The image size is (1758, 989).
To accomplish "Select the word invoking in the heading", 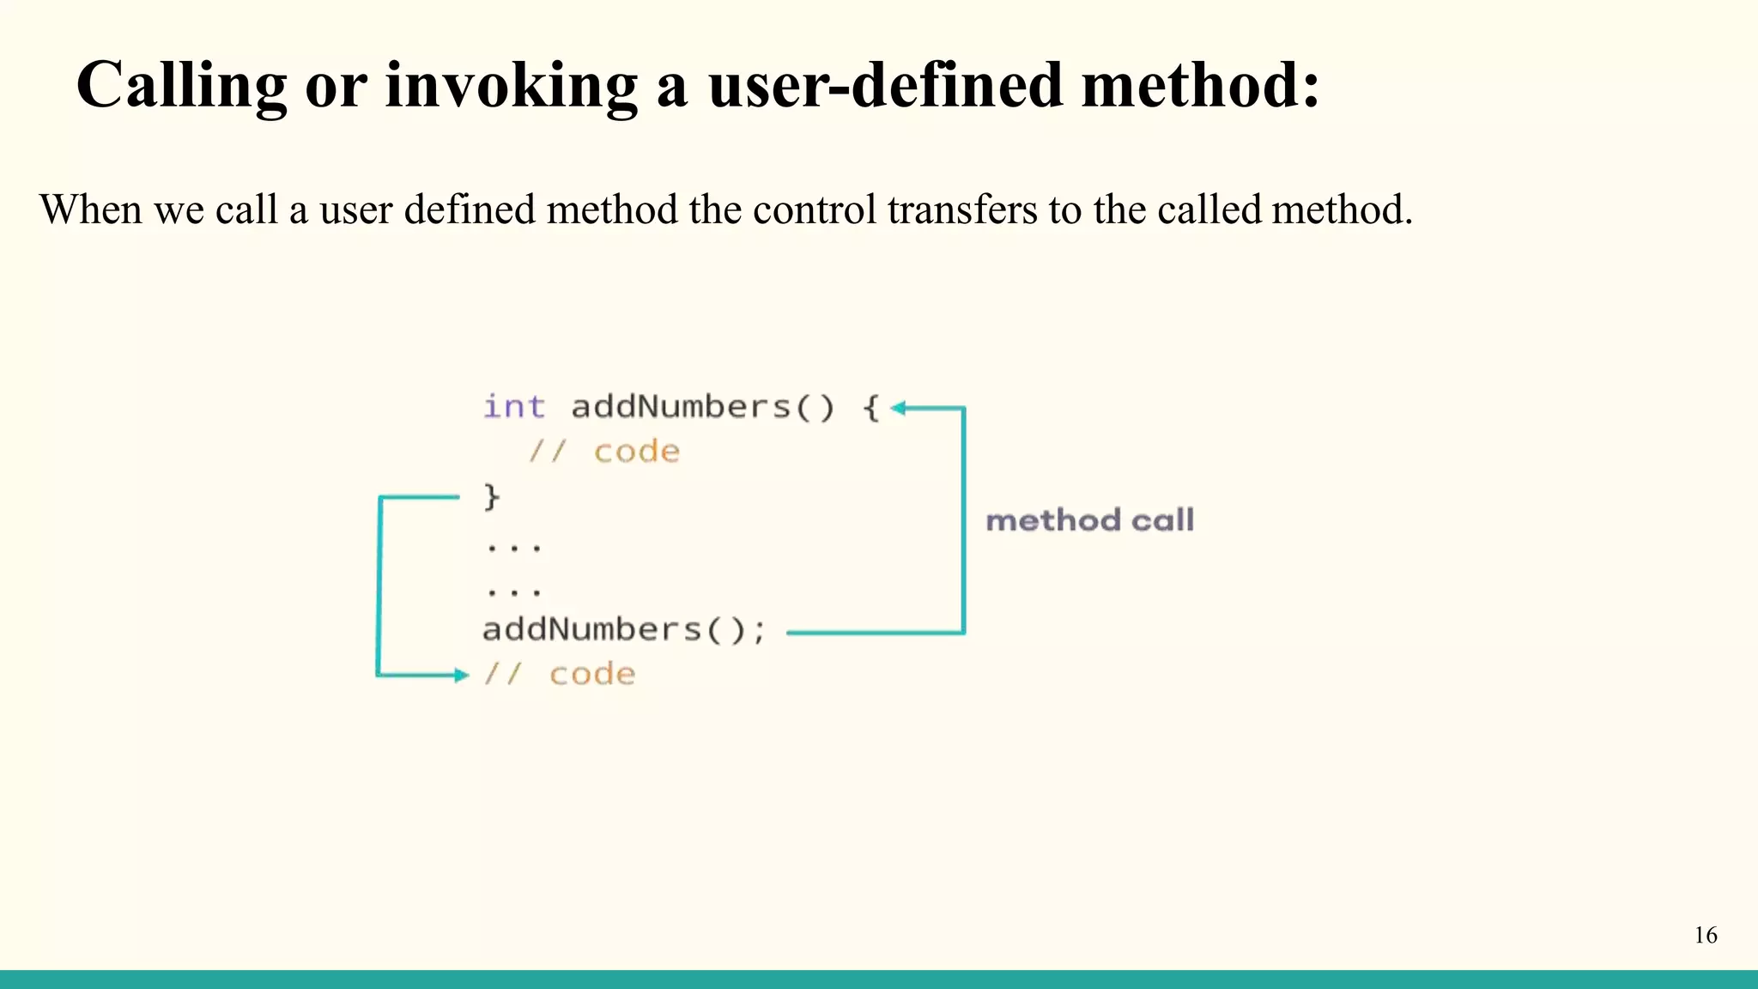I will point(511,86).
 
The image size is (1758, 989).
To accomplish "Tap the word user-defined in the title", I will point(885,86).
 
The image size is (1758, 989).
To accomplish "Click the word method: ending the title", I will point(1199,86).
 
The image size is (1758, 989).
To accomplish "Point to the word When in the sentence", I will point(90,209).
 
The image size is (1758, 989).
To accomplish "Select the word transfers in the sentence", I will point(961,209).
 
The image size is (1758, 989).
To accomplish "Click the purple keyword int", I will point(513,407).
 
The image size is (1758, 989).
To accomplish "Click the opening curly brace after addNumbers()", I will point(870,407).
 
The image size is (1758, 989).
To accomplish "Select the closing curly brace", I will point(491,496).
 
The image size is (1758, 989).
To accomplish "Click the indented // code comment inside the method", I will point(603,452).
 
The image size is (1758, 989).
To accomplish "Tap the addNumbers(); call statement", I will point(623,630).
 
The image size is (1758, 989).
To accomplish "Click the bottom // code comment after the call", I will point(559,675).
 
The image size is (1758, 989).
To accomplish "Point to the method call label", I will point(1089,520).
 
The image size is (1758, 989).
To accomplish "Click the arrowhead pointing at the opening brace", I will point(898,409).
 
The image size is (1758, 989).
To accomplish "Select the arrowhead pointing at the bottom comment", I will point(463,676).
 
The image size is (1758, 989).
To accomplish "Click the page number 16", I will point(1706,935).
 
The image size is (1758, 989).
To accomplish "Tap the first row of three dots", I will point(513,547).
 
